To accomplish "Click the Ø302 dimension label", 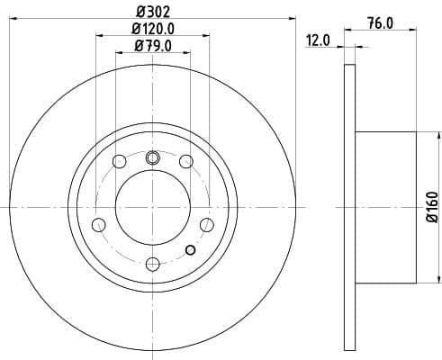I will click(x=151, y=11).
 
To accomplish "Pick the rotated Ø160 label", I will click(x=430, y=207).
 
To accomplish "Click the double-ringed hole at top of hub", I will click(x=152, y=157).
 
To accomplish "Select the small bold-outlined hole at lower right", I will click(x=190, y=250).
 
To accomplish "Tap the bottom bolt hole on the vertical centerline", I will click(x=152, y=263).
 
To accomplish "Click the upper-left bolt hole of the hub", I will click(x=119, y=162).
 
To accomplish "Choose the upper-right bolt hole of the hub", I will click(x=185, y=162).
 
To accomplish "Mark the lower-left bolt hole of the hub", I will click(x=99, y=223).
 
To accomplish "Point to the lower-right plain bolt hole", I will click(x=206, y=223).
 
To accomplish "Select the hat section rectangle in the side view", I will click(x=385, y=208).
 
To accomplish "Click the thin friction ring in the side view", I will click(x=350, y=208).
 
